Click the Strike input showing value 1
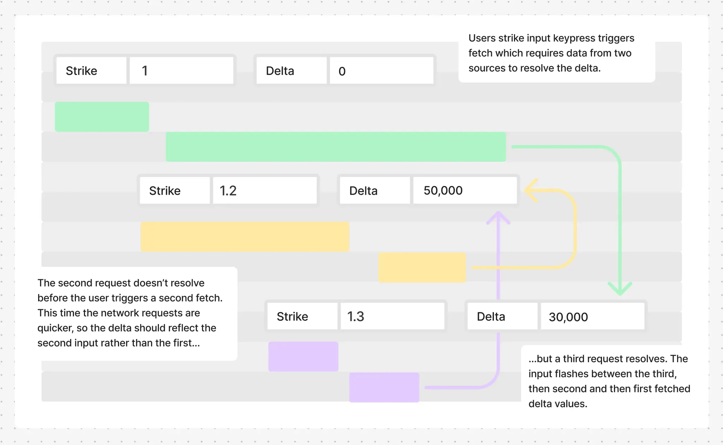pos(181,71)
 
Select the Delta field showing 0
pos(381,71)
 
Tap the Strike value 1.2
pos(264,190)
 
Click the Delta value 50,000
pos(465,190)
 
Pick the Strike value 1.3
pos(392,316)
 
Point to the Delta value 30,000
pos(592,317)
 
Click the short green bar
pos(102,117)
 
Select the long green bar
pos(336,147)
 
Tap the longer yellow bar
pos(245,237)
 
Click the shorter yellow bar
pos(422,267)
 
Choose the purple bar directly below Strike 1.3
pos(303,356)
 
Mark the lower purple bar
pos(384,387)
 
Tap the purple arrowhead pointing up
pos(498,217)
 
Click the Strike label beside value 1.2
pos(165,191)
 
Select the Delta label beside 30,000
pos(491,317)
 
